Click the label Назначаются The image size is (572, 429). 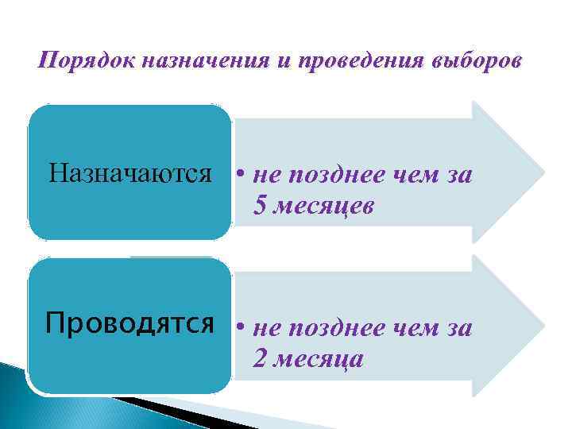tap(130, 172)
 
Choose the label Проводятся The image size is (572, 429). tap(130, 324)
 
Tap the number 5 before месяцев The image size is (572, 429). tap(261, 207)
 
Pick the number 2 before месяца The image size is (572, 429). tap(261, 359)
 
